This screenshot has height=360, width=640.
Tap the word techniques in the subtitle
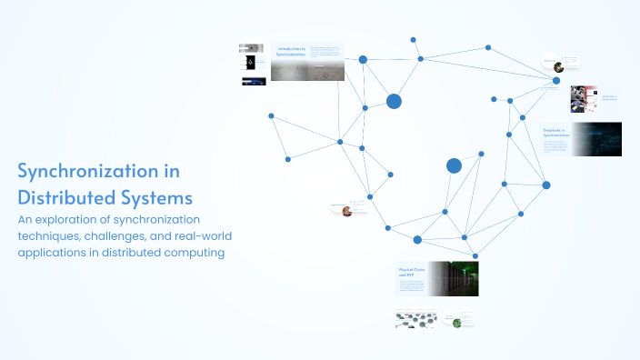point(50,236)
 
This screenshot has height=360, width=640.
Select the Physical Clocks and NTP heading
point(411,273)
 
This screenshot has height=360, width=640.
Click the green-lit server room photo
point(453,279)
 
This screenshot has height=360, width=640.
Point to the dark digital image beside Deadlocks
point(596,139)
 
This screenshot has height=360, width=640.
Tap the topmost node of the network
point(413,40)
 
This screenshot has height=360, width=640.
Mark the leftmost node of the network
point(271,115)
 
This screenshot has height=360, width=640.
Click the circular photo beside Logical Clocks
point(346,211)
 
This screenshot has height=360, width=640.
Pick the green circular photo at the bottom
point(457,322)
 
